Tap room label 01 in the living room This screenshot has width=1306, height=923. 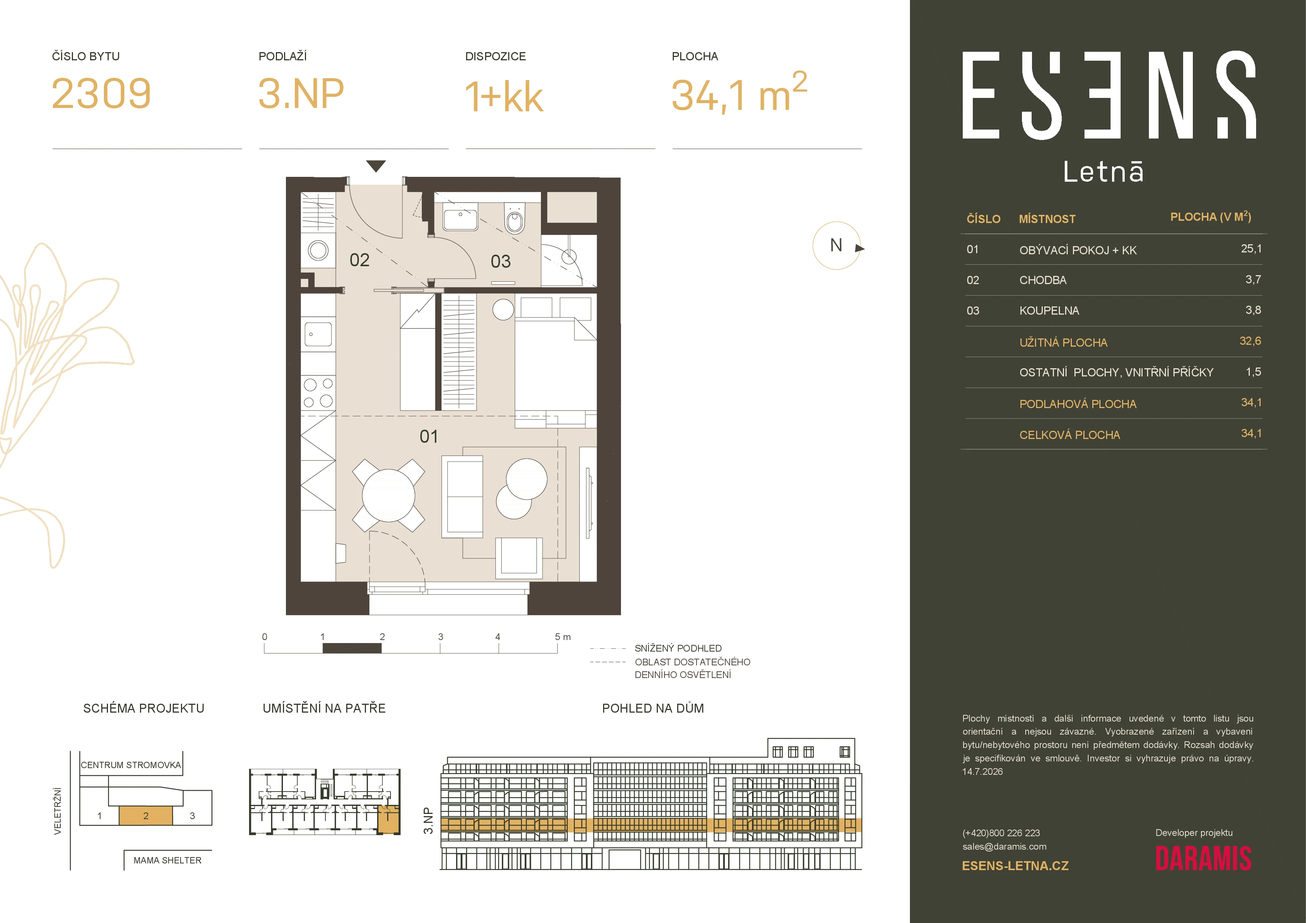coord(429,436)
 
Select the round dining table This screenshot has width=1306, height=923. coord(389,495)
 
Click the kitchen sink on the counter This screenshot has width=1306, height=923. coord(318,334)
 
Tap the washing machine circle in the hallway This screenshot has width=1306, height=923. coord(318,250)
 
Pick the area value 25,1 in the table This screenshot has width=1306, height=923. coord(1251,248)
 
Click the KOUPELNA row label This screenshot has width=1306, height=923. coord(1049,311)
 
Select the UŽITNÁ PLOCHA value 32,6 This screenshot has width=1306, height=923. coord(1250,341)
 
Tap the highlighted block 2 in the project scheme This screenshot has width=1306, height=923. coord(146,815)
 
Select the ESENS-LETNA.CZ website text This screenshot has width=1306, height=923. coord(1015,866)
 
